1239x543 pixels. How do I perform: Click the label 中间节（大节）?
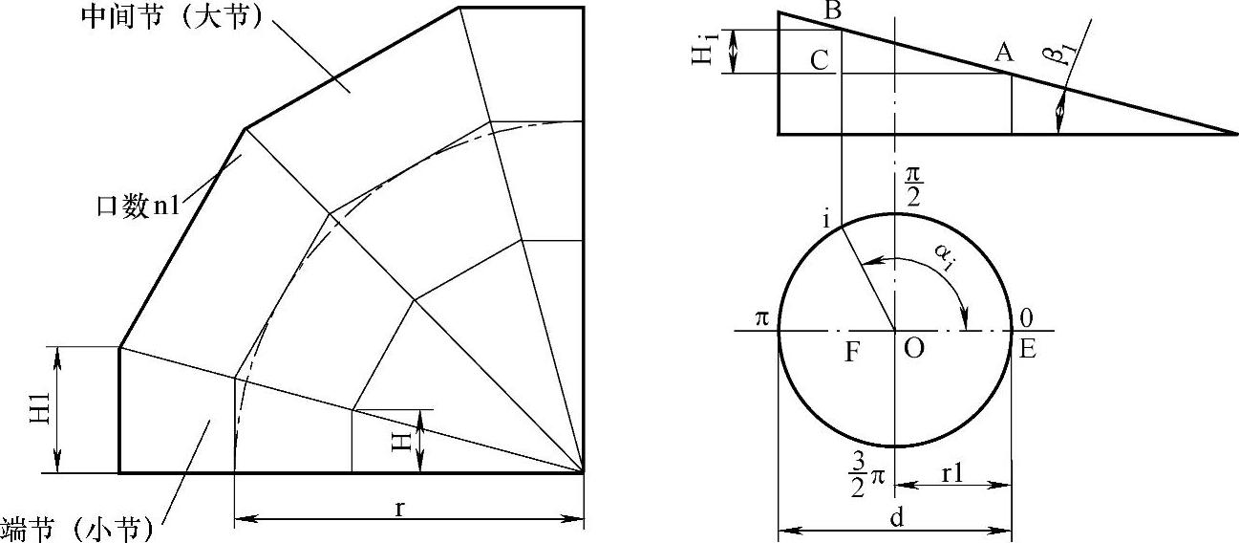[171, 17]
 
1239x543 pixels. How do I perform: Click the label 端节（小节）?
[76, 529]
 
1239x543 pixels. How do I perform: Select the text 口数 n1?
[139, 206]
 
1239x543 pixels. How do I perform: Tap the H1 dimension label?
[40, 408]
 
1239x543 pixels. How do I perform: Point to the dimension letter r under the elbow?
[399, 508]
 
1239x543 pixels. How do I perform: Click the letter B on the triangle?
[832, 11]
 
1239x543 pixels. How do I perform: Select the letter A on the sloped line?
[1004, 53]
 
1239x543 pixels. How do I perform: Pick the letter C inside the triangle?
[820, 60]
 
